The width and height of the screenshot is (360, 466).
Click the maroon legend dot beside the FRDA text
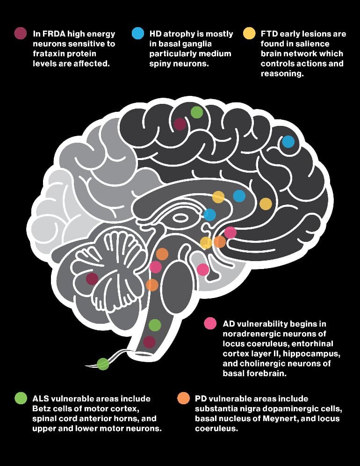(x=21, y=33)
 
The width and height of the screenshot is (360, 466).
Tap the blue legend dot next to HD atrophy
(x=138, y=33)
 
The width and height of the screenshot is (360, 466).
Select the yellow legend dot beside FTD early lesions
(x=249, y=33)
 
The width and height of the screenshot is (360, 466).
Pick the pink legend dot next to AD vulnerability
(x=210, y=323)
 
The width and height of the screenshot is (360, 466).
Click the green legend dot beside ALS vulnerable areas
(x=21, y=398)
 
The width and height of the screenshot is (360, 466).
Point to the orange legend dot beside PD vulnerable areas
(x=183, y=398)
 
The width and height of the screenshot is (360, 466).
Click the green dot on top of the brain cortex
(x=197, y=112)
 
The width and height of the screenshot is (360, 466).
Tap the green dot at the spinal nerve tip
(x=103, y=364)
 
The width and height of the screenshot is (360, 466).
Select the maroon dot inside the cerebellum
(x=92, y=279)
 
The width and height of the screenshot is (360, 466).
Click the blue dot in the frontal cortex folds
(x=288, y=142)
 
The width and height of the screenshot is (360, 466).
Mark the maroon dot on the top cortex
(x=180, y=124)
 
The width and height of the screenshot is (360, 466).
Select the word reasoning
(x=282, y=74)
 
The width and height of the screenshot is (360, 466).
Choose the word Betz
(x=42, y=408)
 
